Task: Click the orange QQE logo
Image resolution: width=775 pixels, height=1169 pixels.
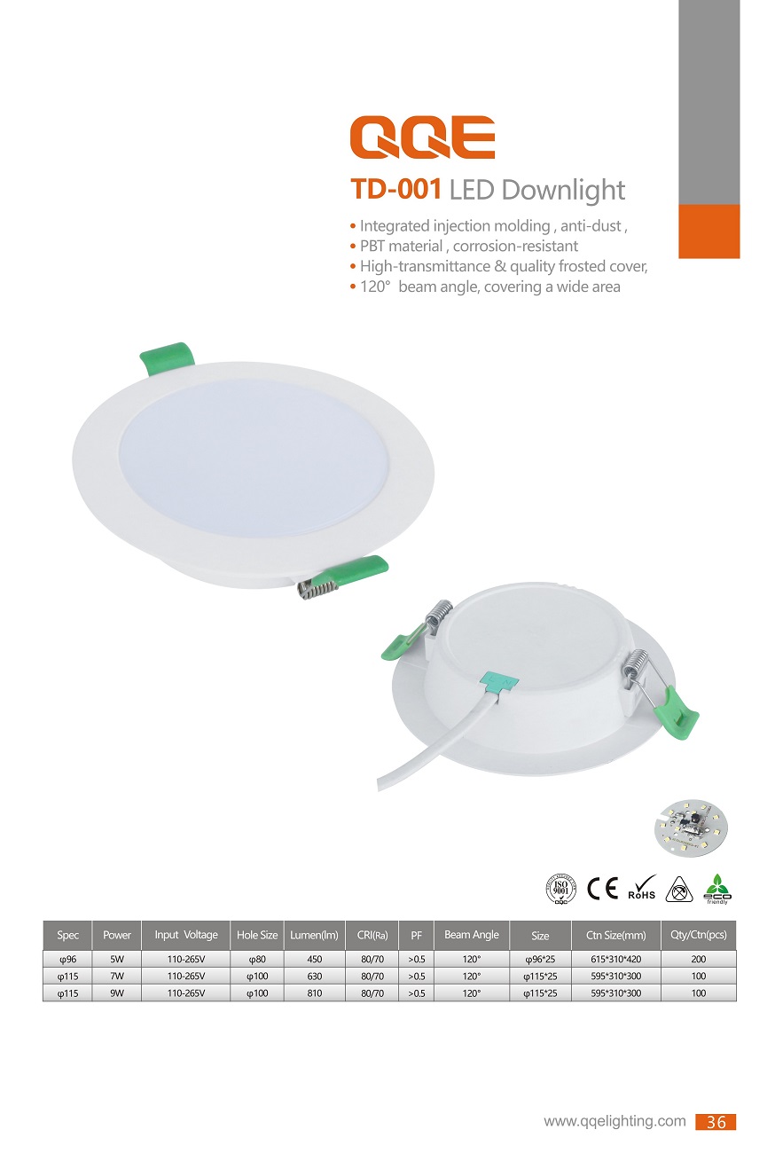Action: point(422,137)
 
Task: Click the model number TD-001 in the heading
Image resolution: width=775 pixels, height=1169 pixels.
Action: point(396,189)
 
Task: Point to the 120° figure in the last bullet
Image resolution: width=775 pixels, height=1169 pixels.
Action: point(375,286)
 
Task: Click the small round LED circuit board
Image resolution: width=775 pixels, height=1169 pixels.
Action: point(691,828)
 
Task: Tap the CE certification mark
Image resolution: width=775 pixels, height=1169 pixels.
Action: point(603,888)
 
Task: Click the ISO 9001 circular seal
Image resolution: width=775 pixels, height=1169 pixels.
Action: point(561,889)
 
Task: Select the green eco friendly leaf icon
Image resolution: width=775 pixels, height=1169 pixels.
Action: point(717,889)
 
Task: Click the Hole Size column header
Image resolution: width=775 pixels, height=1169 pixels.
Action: point(257,935)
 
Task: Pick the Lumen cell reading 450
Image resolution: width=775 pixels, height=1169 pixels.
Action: point(314,959)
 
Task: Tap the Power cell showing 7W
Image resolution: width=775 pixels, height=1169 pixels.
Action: point(117,976)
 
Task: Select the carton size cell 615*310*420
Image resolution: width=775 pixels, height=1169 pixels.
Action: point(615,959)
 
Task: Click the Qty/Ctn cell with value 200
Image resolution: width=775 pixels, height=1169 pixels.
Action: point(698,959)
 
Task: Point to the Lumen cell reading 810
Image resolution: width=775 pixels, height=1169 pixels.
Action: point(314,993)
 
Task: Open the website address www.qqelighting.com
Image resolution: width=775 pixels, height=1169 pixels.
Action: point(615,1121)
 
